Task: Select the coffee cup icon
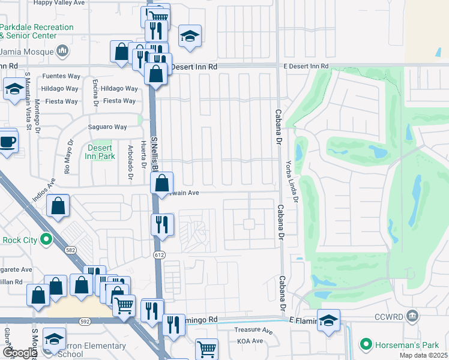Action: click(x=8, y=142)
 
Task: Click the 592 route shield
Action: click(x=85, y=321)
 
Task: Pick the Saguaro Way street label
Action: click(x=107, y=127)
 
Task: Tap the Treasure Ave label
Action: click(x=253, y=330)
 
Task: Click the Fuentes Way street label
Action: click(x=61, y=77)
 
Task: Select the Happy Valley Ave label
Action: click(x=59, y=3)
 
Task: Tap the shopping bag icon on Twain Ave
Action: click(x=163, y=183)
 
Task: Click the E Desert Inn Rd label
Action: click(x=306, y=65)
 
